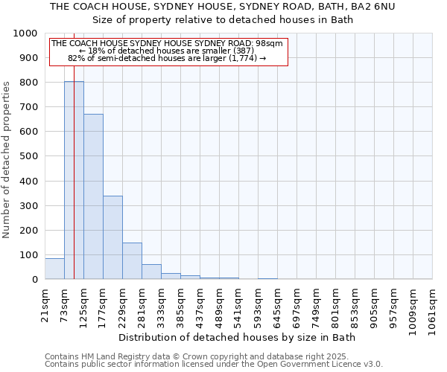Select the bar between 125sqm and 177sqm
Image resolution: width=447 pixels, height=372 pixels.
tap(93, 196)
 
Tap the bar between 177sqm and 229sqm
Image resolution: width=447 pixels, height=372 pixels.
tap(112, 237)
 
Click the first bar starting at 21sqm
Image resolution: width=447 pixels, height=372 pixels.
tap(54, 269)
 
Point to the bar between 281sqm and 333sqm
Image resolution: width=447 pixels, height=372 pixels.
tap(151, 272)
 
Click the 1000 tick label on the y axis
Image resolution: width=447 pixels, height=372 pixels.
tap(25, 33)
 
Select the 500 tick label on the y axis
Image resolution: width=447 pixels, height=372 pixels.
tap(28, 156)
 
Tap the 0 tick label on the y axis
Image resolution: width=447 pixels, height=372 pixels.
tap(35, 280)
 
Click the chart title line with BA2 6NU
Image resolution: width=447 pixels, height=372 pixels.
tap(227, 6)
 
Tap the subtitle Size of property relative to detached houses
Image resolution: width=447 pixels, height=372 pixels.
tap(227, 19)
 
